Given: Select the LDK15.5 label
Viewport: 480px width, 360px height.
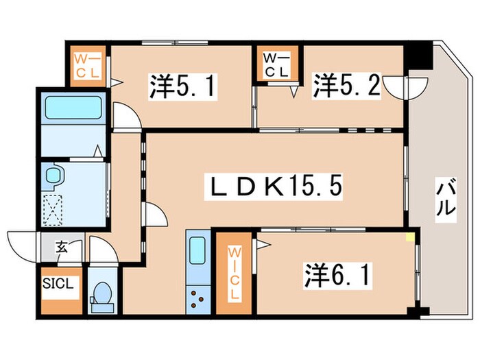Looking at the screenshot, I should point(275,186).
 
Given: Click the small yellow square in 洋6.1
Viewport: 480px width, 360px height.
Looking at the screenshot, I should point(410,237).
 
